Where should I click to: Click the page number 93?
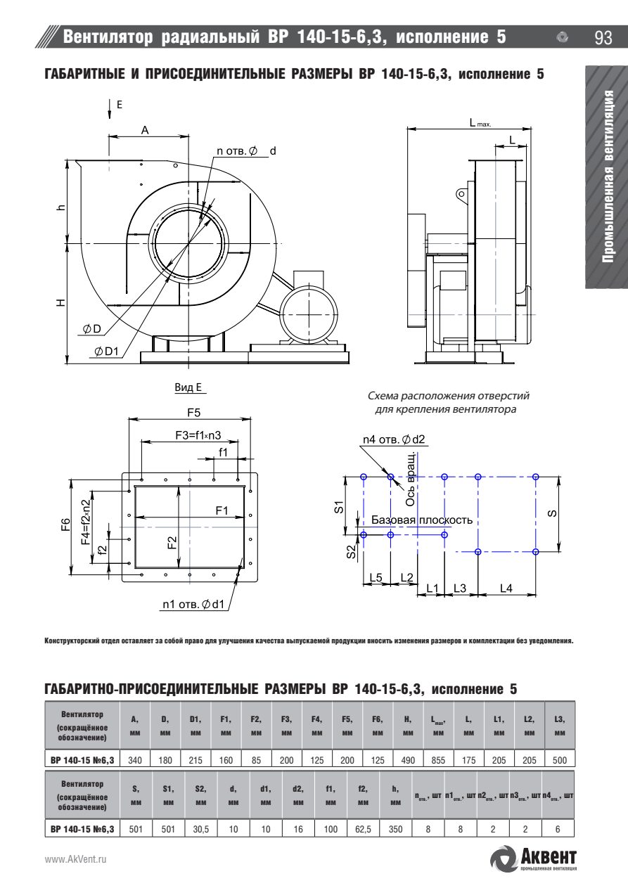603,38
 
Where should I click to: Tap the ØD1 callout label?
106,352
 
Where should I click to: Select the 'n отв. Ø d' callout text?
246,151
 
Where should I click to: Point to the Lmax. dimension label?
480,123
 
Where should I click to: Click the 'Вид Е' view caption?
188,387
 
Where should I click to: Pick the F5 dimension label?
194,413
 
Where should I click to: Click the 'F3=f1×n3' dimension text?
198,435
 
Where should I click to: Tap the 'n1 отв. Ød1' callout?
193,604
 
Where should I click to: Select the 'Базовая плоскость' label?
422,520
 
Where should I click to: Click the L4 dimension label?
506,588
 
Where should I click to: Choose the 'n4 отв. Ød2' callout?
394,439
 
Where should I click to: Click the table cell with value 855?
438,760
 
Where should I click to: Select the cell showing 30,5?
200,830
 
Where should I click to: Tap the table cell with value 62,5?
363,830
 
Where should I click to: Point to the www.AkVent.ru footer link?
75,859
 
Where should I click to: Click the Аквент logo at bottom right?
534,858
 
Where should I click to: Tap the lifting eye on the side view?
461,194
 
